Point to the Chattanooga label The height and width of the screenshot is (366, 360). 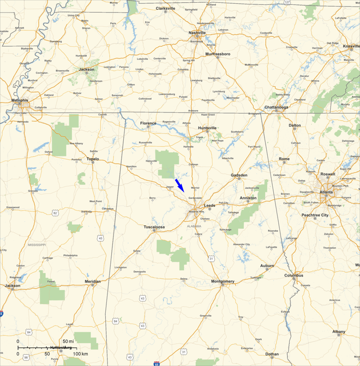click(x=276, y=107)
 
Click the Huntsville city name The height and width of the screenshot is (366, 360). click(x=207, y=128)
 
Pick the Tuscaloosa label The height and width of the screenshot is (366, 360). click(x=154, y=226)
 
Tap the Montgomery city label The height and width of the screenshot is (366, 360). click(x=223, y=281)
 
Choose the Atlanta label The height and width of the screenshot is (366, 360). click(x=327, y=192)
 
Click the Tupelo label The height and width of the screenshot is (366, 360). click(x=95, y=159)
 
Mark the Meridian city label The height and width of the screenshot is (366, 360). click(x=92, y=281)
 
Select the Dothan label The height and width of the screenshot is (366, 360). click(x=272, y=354)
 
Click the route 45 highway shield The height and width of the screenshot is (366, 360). click(x=100, y=238)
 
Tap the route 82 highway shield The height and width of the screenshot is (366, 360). click(x=55, y=212)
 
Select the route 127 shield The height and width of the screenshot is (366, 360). click(x=287, y=2)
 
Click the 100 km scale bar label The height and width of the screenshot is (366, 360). click(x=80, y=354)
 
